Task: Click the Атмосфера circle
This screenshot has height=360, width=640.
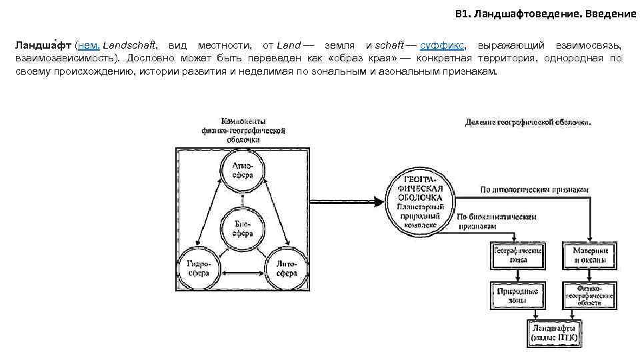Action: pyautogui.click(x=243, y=170)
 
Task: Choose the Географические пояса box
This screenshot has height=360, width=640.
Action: pyautogui.click(x=517, y=256)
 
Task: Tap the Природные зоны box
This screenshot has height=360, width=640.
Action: pyautogui.click(x=517, y=295)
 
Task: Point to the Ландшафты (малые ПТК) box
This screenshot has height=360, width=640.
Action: pyautogui.click(x=554, y=333)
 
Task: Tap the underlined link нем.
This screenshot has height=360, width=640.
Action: pyautogui.click(x=89, y=45)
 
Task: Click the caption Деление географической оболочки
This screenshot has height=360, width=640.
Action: pyautogui.click(x=527, y=123)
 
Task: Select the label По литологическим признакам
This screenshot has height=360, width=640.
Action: pyautogui.click(x=535, y=190)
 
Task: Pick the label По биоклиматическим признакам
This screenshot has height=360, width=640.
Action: pyautogui.click(x=497, y=222)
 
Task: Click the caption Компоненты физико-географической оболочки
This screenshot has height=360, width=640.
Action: pyautogui.click(x=243, y=131)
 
